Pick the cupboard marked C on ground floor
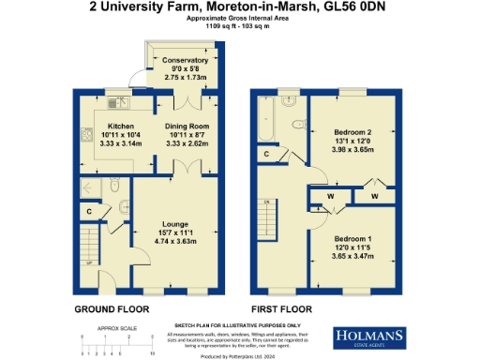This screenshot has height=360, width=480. coord(89,212)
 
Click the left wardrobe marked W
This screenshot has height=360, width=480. coord(331,196)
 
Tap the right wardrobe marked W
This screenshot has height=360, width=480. coord(373,196)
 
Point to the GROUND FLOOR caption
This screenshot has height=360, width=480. coord(108,307)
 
